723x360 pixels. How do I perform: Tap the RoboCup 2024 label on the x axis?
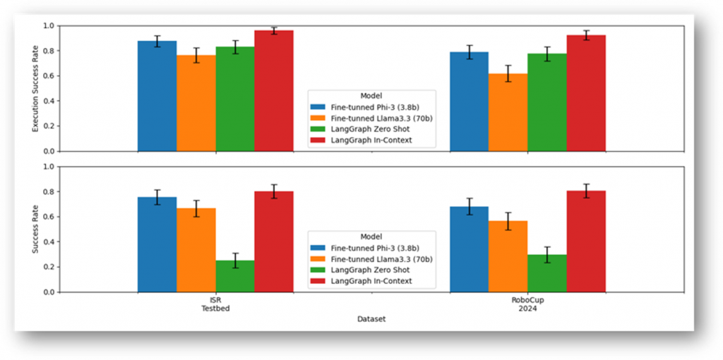[x=527, y=305]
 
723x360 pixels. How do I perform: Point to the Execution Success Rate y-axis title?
[x=35, y=88]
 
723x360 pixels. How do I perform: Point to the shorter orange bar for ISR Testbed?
[x=196, y=250]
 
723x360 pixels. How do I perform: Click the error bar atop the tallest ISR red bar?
[x=274, y=30]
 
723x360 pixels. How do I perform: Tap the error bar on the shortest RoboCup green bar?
[x=546, y=255]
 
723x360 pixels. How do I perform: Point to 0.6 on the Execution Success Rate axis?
[x=49, y=76]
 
